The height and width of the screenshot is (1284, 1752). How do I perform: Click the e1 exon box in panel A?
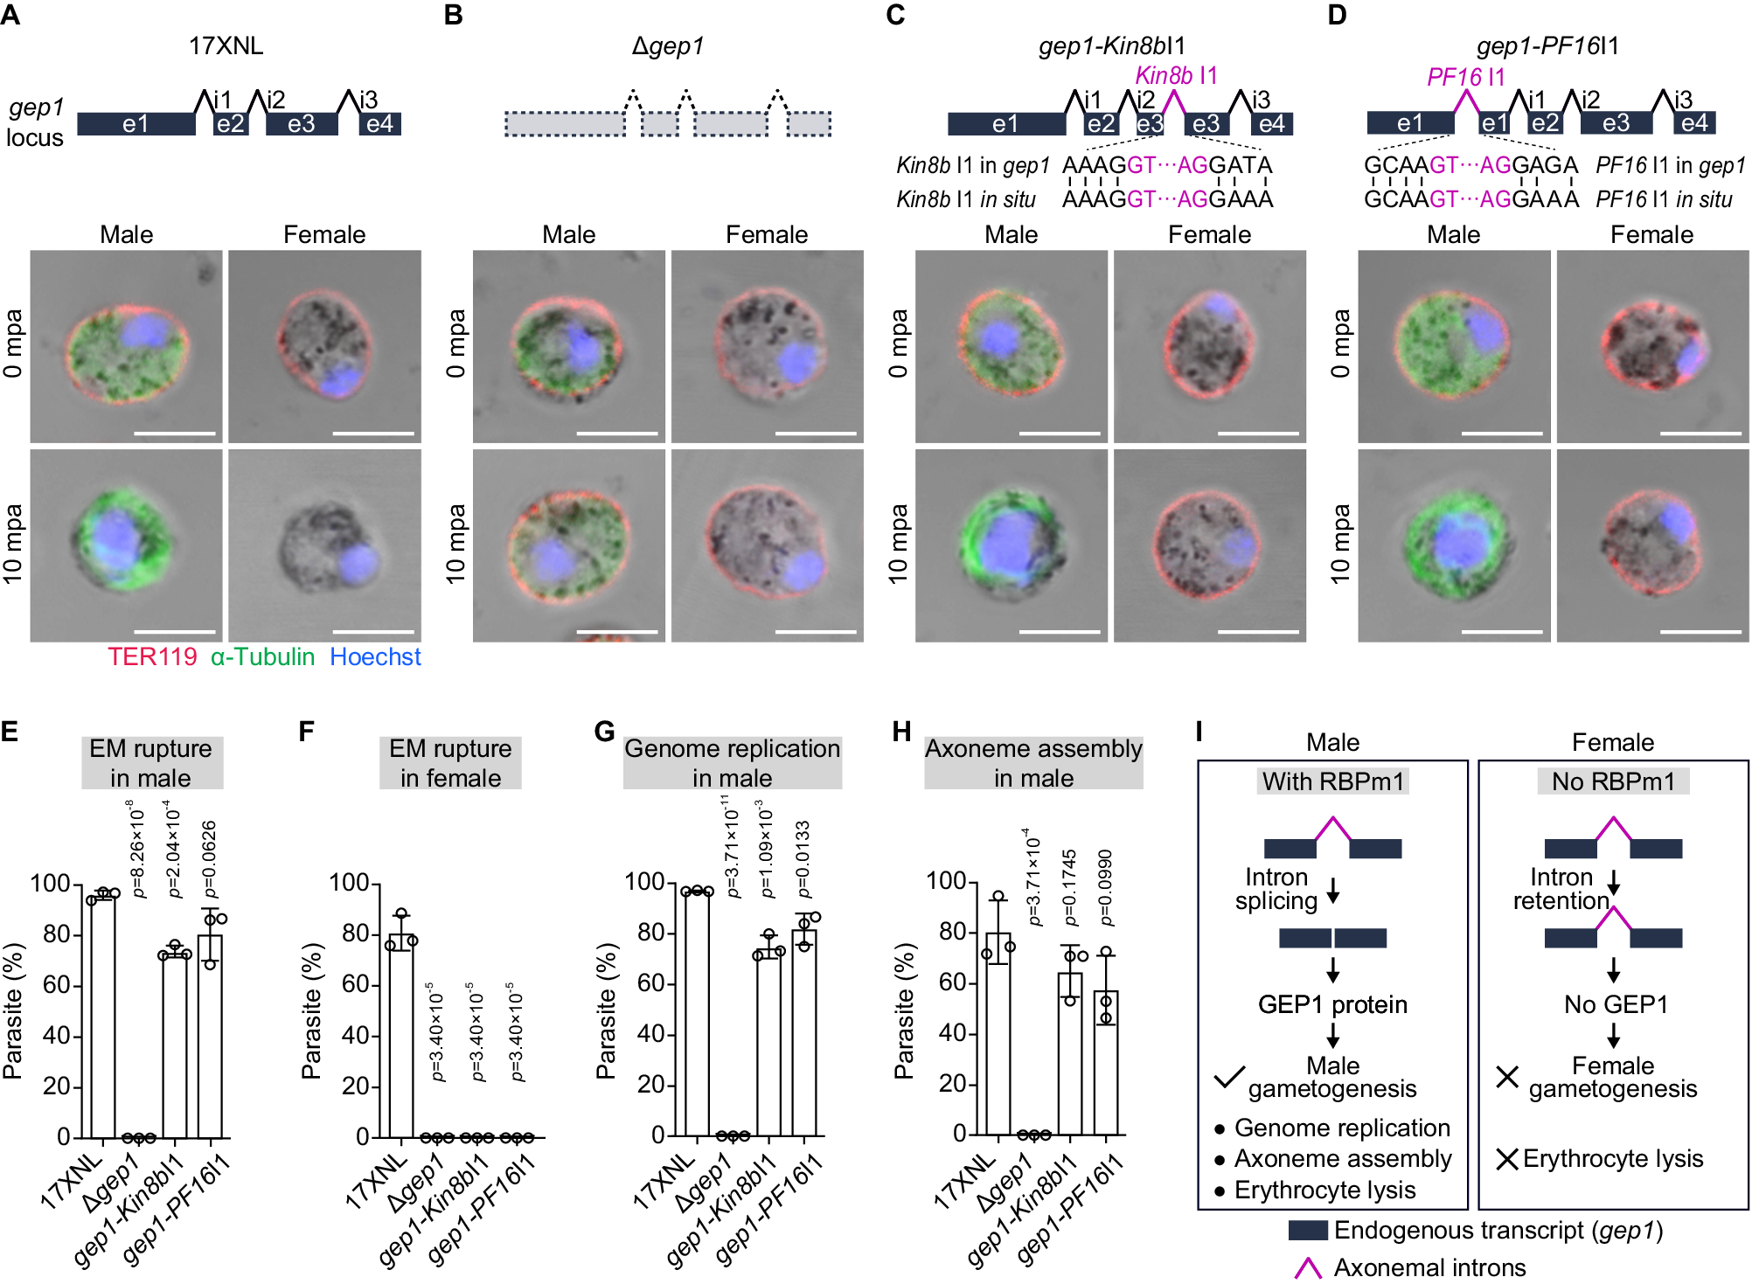coord(136,124)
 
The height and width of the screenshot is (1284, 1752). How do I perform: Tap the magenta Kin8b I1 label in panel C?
coord(1175,76)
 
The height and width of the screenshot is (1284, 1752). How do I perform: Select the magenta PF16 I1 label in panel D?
coord(1465,77)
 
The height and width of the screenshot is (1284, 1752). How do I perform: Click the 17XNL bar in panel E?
coord(102,1014)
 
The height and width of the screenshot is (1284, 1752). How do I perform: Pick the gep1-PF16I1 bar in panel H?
coord(1106,1062)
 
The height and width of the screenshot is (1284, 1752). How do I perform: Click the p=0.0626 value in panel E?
coord(209,858)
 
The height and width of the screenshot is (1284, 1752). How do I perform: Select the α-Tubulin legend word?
coord(262,657)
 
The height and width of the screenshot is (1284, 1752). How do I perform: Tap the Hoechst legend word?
coord(375,657)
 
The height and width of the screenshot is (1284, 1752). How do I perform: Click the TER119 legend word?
coord(152,657)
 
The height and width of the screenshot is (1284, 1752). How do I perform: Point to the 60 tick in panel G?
coord(650,983)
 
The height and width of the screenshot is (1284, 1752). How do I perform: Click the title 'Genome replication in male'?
coord(732,763)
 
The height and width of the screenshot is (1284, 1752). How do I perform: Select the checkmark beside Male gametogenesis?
coord(1228,1077)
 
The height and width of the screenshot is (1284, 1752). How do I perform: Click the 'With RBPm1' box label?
coord(1332,781)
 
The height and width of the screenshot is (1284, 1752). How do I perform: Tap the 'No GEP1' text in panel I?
coord(1616,1005)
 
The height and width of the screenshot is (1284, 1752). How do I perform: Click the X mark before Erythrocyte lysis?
coord(1506,1159)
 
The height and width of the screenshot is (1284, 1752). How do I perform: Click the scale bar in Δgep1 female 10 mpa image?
coord(816,631)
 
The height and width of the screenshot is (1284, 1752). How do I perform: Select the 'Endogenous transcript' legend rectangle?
coord(1308,1231)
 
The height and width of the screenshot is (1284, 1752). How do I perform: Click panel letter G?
coord(604,732)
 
